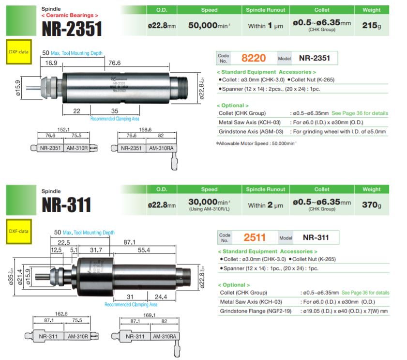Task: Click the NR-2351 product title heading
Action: (72, 28)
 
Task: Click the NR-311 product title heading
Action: (66, 205)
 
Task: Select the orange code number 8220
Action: (253, 58)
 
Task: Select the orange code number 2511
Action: (255, 237)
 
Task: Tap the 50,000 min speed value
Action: (209, 25)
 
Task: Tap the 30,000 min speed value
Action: (209, 202)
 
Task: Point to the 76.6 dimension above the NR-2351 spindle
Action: (114, 63)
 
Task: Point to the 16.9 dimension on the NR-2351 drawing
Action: (52, 63)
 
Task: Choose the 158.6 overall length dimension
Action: (145, 130)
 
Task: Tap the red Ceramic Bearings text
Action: (70, 16)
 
